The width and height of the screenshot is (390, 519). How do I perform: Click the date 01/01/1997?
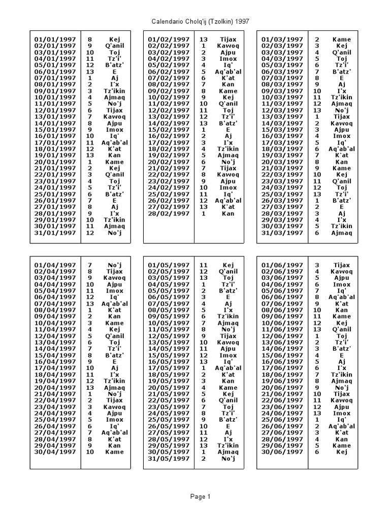pyautogui.click(x=55, y=39)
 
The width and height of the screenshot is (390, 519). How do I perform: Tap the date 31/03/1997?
pyautogui.click(x=282, y=233)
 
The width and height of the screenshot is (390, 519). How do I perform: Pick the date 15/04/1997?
pyautogui.click(x=55, y=355)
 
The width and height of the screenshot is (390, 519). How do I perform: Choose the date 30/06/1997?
pyautogui.click(x=282, y=452)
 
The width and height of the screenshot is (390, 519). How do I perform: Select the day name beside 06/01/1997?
pyautogui.click(x=114, y=71)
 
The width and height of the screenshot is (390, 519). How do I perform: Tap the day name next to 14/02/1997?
pyautogui.click(x=228, y=123)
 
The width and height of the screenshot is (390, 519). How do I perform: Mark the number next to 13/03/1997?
pyautogui.click(x=317, y=117)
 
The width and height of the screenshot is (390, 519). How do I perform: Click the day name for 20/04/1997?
pyautogui.click(x=114, y=387)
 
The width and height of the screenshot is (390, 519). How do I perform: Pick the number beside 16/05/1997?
pyautogui.click(x=204, y=361)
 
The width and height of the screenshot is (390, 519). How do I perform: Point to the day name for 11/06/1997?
pyautogui.click(x=342, y=329)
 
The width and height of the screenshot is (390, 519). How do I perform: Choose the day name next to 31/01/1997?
pyautogui.click(x=114, y=233)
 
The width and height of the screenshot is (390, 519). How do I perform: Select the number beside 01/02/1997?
pyautogui.click(x=204, y=39)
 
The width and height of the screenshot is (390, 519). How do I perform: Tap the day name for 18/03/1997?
pyautogui.click(x=342, y=149)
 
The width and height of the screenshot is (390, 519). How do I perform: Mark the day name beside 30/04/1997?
pyautogui.click(x=114, y=452)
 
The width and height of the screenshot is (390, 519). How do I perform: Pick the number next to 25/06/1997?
pyautogui.click(x=317, y=420)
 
